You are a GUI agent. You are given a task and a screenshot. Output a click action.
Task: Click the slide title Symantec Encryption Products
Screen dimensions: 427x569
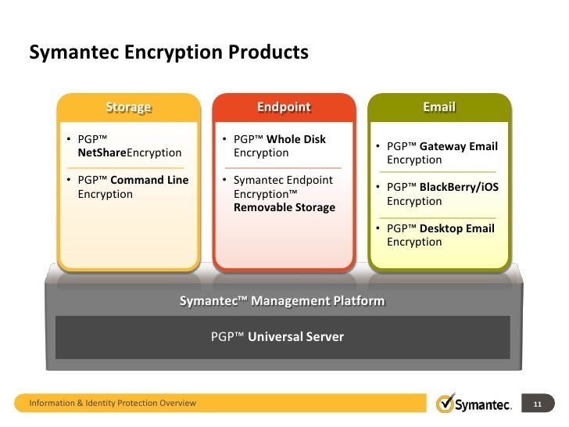click(x=168, y=52)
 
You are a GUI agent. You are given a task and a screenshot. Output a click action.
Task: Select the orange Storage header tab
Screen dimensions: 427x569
click(x=128, y=107)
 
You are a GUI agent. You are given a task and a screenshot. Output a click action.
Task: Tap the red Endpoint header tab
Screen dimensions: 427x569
click(x=284, y=107)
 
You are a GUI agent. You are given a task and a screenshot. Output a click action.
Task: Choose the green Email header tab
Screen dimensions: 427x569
click(x=438, y=107)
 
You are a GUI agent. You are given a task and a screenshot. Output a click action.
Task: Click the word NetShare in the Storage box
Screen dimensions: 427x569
click(x=102, y=152)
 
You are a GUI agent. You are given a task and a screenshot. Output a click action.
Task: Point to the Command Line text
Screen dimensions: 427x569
click(x=149, y=180)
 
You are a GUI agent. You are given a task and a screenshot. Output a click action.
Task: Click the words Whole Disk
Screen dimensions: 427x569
click(x=296, y=139)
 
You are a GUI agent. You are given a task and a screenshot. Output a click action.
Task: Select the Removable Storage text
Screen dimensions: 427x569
click(x=284, y=207)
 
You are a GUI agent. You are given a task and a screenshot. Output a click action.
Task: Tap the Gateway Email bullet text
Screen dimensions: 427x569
click(x=458, y=146)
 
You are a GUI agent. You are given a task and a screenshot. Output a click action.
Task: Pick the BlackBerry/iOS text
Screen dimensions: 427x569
click(x=459, y=187)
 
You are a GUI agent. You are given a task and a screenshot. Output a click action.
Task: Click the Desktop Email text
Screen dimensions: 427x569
click(x=456, y=228)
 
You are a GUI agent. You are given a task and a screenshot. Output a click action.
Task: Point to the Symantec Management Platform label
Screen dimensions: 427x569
click(x=282, y=301)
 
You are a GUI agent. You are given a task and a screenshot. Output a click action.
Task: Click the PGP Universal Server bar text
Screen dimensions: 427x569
click(x=277, y=337)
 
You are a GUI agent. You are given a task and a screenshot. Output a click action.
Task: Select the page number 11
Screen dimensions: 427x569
click(x=537, y=404)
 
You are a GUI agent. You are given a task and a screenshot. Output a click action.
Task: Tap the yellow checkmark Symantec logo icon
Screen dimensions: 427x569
click(x=446, y=404)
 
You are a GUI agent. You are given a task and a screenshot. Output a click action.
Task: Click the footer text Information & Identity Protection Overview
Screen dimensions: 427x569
click(x=113, y=404)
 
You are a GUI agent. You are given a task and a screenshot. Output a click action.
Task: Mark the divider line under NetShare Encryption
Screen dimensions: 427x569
click(x=128, y=167)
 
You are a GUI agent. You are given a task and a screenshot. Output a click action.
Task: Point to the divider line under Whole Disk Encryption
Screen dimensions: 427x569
click(x=283, y=167)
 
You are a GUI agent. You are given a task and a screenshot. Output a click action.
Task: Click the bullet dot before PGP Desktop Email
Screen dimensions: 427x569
click(x=378, y=229)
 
